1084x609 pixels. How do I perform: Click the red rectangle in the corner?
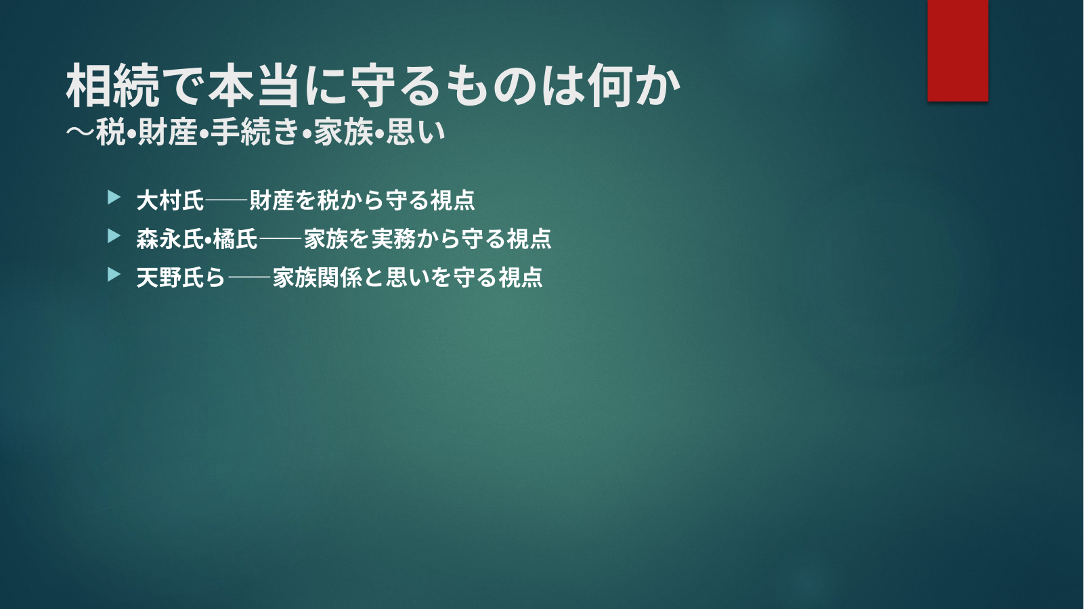(957, 50)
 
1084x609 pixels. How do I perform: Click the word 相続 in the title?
(113, 86)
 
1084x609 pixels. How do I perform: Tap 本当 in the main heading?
(254, 86)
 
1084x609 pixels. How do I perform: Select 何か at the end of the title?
(634, 86)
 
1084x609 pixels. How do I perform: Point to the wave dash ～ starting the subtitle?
(80, 132)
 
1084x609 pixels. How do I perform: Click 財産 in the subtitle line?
(167, 132)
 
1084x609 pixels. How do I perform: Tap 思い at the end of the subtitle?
(416, 132)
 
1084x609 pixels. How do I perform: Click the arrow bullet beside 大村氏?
(114, 198)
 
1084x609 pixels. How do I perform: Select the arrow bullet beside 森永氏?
(114, 236)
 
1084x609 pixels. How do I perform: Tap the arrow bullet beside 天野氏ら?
(114, 275)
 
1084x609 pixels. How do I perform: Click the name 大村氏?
(171, 200)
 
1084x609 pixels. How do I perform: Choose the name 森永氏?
(171, 239)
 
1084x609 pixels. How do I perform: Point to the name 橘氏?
(235, 239)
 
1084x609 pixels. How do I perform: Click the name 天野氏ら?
(181, 277)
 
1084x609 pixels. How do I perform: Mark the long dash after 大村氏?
(226, 200)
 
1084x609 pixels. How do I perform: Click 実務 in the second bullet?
(393, 239)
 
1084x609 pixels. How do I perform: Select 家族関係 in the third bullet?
(318, 277)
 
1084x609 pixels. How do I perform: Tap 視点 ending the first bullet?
(452, 200)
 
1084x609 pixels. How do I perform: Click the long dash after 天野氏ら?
(248, 277)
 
